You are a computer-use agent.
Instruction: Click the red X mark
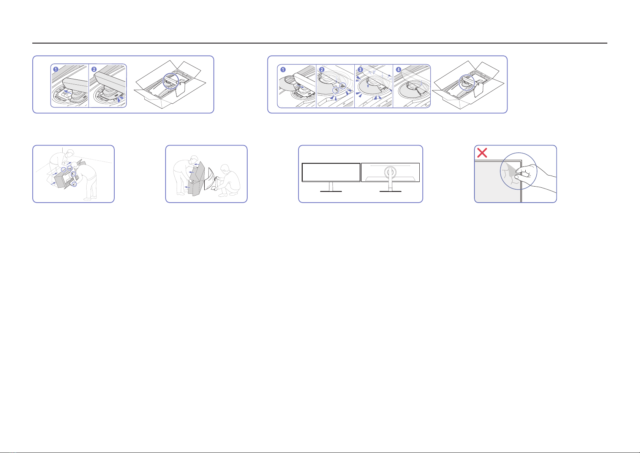click(x=482, y=153)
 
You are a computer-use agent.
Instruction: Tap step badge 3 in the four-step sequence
click(x=360, y=70)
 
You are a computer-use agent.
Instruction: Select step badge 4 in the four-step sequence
click(x=398, y=70)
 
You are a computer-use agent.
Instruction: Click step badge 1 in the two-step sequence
click(x=56, y=69)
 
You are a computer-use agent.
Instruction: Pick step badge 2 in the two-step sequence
click(x=94, y=69)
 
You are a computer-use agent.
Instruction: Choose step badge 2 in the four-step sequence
click(x=322, y=70)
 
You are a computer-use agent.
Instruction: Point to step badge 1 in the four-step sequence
click(x=283, y=70)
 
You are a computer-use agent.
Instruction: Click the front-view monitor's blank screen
click(x=331, y=172)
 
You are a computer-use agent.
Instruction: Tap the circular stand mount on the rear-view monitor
click(x=390, y=172)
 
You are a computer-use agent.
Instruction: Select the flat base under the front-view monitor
click(x=331, y=191)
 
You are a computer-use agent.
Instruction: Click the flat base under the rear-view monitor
click(x=390, y=191)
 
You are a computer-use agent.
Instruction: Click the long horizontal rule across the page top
click(x=320, y=43)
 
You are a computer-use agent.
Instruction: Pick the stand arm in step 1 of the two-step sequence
click(x=75, y=84)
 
